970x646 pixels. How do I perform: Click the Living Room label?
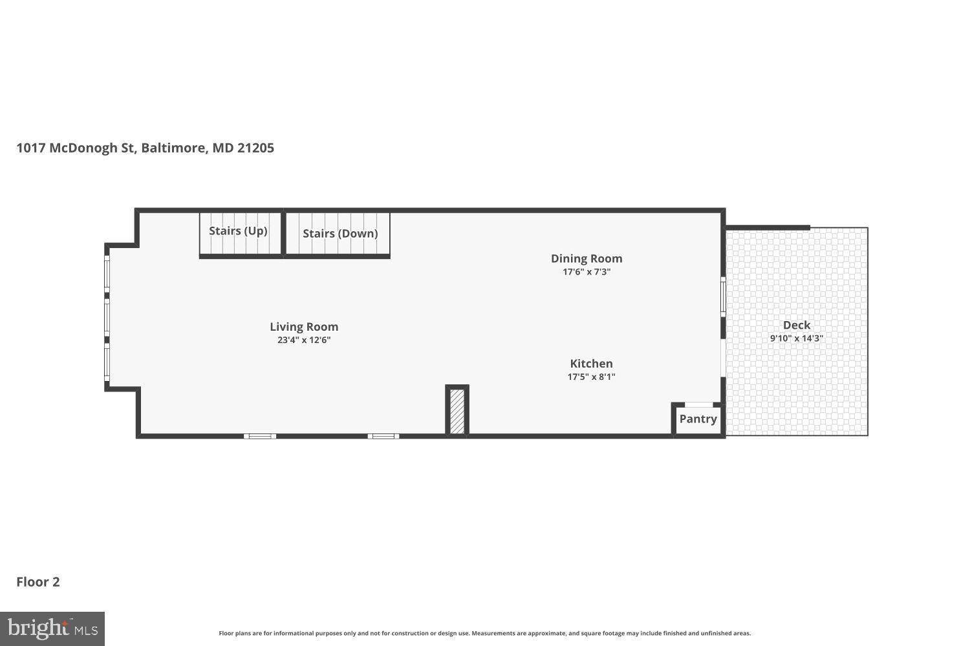coord(304,327)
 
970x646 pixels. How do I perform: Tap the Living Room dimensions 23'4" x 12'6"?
coord(304,340)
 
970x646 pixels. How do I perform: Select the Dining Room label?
coord(587,258)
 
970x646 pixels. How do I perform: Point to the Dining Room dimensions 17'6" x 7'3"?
coord(587,272)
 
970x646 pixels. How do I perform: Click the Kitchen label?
coord(591,364)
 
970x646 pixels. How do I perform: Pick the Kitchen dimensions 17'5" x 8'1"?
coord(591,377)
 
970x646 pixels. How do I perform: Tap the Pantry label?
coord(698,419)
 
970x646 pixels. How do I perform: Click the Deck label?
coord(796,325)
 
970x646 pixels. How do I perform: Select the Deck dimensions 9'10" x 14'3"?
coord(796,339)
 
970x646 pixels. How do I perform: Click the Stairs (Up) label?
coord(238,231)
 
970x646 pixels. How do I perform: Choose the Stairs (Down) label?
coord(340,233)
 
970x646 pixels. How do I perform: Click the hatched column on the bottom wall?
coord(457,411)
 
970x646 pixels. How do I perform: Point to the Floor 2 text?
coord(38,581)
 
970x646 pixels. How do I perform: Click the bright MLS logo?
coord(52,629)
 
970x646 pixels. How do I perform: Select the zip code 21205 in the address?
coord(255,148)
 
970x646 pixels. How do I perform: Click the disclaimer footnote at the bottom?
coord(484,634)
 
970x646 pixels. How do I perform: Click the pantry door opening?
coord(698,405)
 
